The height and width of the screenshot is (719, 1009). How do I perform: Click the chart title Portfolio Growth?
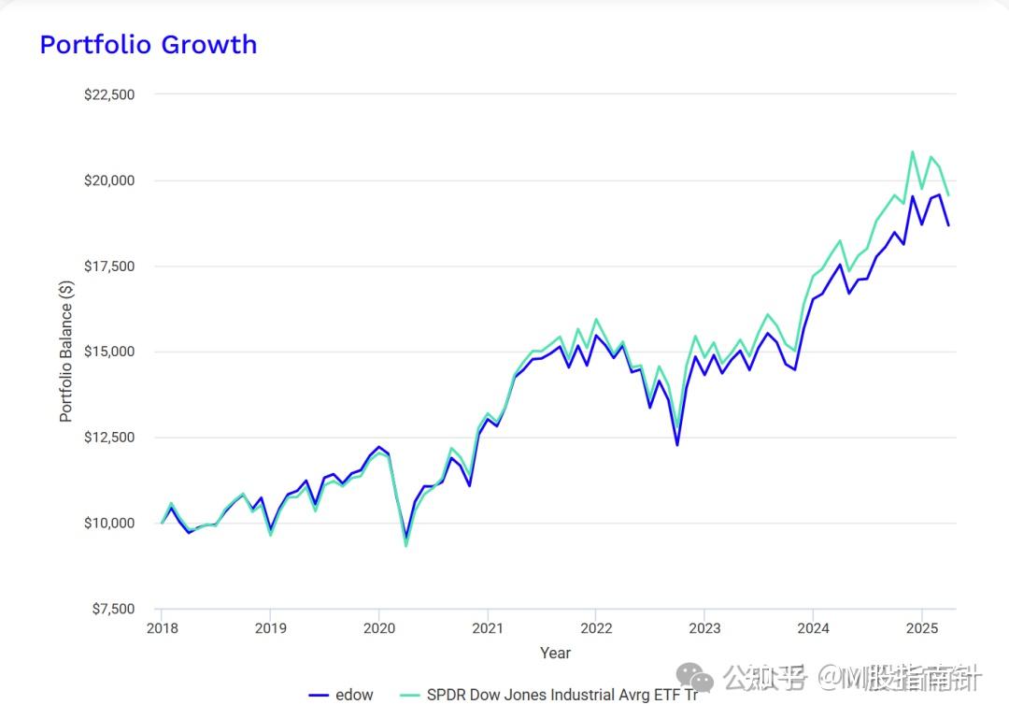pyautogui.click(x=148, y=45)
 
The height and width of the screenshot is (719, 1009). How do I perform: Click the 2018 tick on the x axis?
pyautogui.click(x=162, y=627)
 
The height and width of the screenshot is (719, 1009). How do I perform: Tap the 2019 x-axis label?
pyautogui.click(x=270, y=627)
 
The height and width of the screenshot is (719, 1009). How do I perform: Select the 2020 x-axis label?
pyautogui.click(x=378, y=627)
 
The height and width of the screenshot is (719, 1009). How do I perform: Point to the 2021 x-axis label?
pyautogui.click(x=487, y=627)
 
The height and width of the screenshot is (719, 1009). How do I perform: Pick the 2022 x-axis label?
pyautogui.click(x=596, y=627)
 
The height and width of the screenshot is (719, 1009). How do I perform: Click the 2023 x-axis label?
pyautogui.click(x=704, y=627)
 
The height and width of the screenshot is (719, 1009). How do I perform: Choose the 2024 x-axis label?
pyautogui.click(x=813, y=627)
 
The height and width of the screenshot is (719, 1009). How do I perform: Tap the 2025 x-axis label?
pyautogui.click(x=922, y=627)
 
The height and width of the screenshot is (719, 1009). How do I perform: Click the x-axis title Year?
pyautogui.click(x=555, y=654)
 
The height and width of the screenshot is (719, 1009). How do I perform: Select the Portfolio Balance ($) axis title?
pyautogui.click(x=66, y=352)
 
